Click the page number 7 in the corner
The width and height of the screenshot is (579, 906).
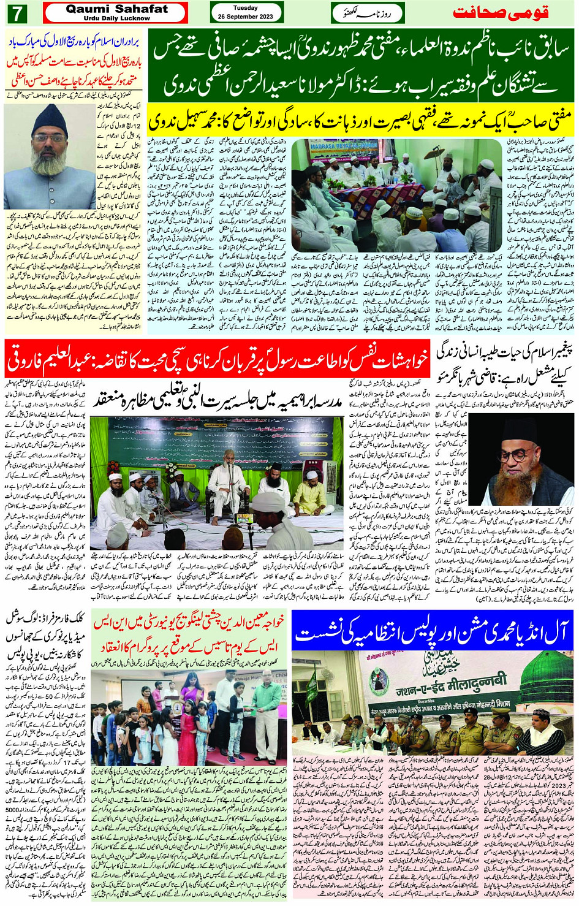(x=13, y=13)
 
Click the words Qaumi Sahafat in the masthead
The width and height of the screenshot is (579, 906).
(x=116, y=9)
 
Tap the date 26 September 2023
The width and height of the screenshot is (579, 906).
(x=246, y=17)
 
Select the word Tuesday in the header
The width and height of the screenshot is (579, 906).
(x=246, y=8)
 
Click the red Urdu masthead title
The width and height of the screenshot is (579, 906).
(x=500, y=12)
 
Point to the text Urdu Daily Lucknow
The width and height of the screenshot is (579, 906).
(x=116, y=18)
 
